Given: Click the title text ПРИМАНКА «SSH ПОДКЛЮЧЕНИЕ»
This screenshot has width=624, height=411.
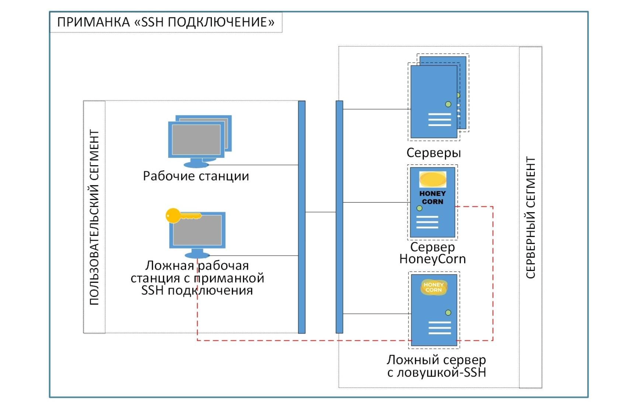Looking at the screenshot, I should pos(165,22).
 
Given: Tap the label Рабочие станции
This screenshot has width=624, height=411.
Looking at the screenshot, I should pos(196,176).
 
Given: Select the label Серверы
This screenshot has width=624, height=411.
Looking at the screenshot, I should pos(433,153).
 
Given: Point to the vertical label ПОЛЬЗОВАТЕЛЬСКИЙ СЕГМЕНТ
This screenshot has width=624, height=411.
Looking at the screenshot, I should pos(94,217).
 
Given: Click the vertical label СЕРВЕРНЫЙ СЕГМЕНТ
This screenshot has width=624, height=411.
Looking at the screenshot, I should pos(531,218).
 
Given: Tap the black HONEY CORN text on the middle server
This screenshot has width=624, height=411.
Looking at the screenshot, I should pos(432,197).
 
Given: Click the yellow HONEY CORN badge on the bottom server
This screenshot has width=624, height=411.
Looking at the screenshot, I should pos(433,287).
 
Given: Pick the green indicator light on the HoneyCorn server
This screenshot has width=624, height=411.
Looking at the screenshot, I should pos(419,208).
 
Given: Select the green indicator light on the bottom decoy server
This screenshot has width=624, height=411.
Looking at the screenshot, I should pos(448,313).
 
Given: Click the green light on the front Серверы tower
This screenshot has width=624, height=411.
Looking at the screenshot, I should pos(448,104).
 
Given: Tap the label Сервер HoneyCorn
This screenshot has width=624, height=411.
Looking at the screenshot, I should pos(433,253).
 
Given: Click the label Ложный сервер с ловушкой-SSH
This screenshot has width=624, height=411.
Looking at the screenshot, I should pos(436,366).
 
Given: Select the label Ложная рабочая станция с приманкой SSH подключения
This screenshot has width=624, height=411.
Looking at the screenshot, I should pos(197,278).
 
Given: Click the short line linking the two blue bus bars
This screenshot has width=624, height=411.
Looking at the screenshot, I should pos(320,212).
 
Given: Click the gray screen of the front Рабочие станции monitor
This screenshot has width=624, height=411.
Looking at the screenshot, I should pos(196,139).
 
